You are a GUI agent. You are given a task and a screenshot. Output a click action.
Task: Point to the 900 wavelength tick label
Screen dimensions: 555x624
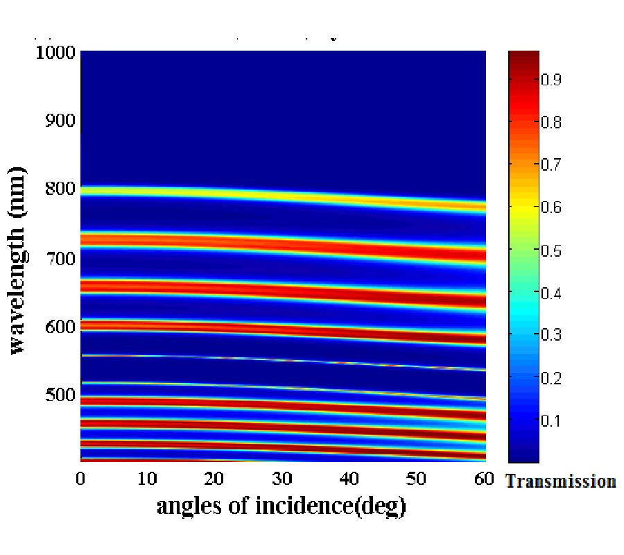[60, 121]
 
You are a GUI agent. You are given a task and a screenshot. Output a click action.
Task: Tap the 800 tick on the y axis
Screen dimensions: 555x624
[60, 189]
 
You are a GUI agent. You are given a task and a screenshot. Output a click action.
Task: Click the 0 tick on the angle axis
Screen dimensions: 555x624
[80, 479]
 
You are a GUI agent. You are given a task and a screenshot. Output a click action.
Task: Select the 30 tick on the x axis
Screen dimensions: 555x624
[281, 479]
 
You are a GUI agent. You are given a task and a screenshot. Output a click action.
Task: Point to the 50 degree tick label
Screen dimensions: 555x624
[417, 479]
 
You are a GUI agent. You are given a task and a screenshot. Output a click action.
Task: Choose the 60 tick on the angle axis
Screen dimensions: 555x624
[484, 479]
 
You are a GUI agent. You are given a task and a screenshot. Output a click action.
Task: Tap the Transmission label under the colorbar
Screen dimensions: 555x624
[560, 481]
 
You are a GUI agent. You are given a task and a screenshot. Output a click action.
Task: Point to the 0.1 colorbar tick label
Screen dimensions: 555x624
[551, 420]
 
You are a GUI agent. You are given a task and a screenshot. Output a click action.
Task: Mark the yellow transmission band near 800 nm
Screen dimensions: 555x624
[277, 195]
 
